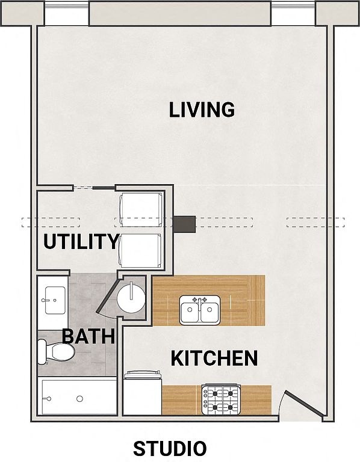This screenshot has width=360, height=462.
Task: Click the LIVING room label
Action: pos(202,109)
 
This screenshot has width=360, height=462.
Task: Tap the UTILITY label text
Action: pos(81,242)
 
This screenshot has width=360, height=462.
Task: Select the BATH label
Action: pos(88,336)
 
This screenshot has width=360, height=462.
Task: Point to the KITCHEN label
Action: pos(214,359)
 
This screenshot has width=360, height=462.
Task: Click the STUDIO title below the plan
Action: pos(170,448)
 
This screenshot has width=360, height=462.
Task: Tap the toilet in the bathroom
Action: pos(57,351)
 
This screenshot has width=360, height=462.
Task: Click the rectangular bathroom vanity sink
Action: pos(55,300)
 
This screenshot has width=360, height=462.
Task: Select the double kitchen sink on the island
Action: pos(200,310)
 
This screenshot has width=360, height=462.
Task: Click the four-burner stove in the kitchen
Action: pos(221,400)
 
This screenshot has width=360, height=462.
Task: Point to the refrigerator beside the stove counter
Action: pos(143,393)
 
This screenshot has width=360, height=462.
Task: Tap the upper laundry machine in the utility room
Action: pos(141,210)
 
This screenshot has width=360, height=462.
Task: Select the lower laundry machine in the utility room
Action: pos(141,251)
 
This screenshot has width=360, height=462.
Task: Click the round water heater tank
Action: pos(131,298)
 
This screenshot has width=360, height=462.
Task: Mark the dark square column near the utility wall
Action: pos(184,224)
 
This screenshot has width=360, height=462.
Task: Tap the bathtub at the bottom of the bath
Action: pos(79,397)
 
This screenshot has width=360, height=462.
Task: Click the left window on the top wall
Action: pos(67,14)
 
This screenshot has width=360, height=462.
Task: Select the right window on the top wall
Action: pos(293,14)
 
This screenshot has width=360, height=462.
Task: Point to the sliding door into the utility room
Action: pos(94,188)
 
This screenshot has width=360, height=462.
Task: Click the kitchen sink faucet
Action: pos(200,303)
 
